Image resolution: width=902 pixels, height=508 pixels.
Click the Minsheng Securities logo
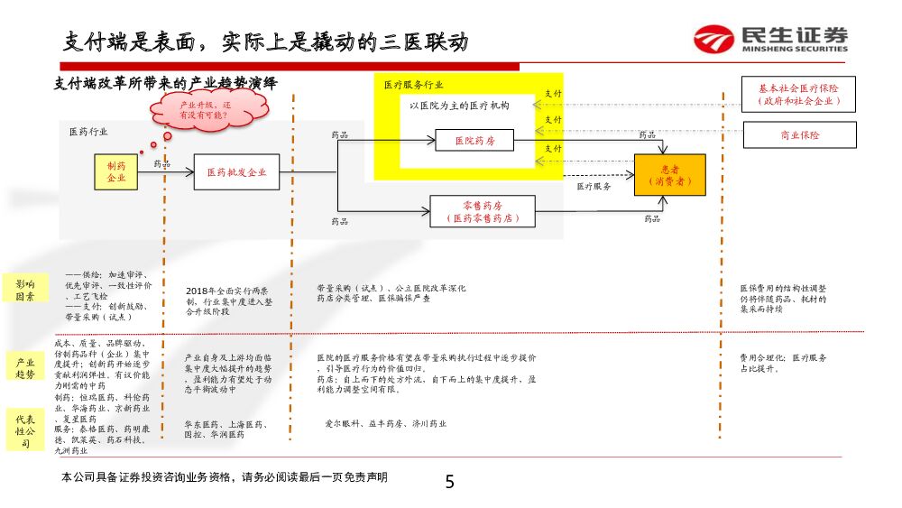pos(770,39)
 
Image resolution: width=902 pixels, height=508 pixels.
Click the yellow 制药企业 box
pos(116,171)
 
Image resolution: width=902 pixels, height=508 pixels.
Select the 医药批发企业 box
pos(236,171)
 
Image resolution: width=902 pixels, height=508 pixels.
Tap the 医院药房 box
pos(474,141)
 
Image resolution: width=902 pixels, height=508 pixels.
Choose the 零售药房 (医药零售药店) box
pos(482,212)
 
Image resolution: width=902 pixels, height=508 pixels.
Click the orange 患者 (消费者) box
pos(669,175)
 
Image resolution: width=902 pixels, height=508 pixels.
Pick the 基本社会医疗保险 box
pos(798,95)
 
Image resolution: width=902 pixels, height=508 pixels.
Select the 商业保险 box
pos(798,135)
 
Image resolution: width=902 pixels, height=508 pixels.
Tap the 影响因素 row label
pos(25,290)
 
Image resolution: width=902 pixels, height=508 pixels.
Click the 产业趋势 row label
pos(25,367)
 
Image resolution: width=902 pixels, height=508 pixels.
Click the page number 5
pos(449,482)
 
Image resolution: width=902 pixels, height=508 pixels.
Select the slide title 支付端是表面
pos(266,42)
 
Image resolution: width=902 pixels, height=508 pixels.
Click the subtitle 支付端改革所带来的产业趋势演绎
pos(166,82)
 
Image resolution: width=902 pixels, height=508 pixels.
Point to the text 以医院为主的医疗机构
pos(459,106)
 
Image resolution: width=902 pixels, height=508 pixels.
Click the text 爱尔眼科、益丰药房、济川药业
pos(385,423)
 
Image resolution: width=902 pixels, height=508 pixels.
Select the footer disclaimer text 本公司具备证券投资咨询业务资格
pos(224,477)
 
